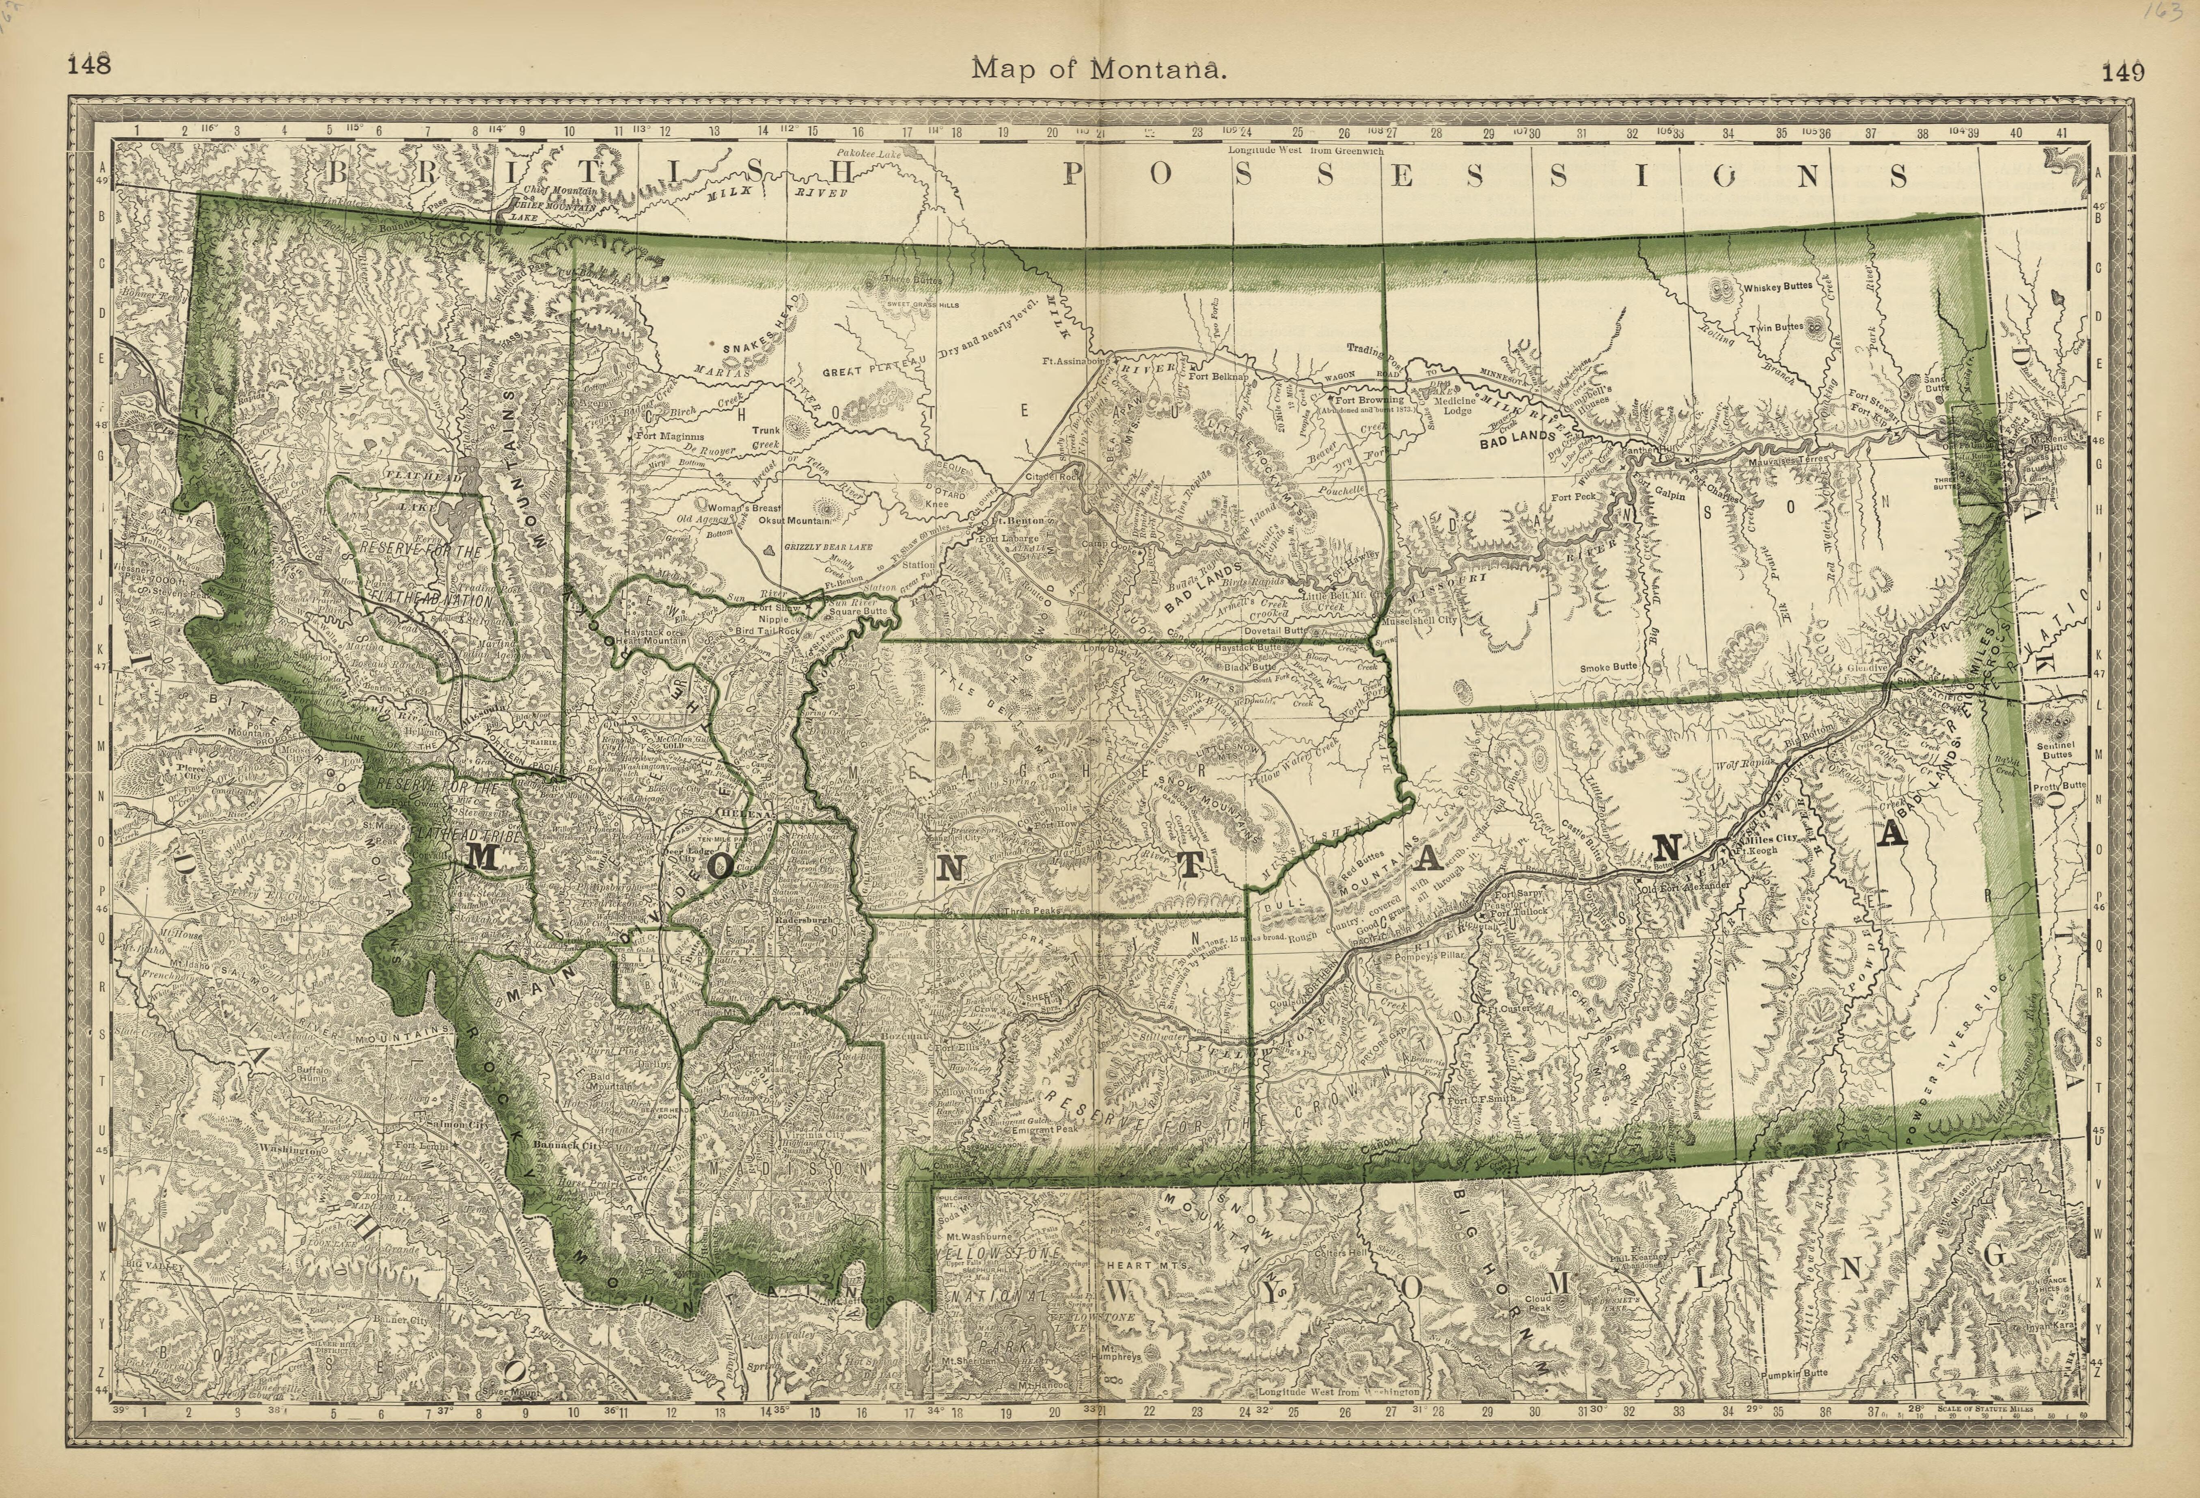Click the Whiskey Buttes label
coord(1778,286)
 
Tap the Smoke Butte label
coord(1607,667)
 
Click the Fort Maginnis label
coord(669,436)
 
